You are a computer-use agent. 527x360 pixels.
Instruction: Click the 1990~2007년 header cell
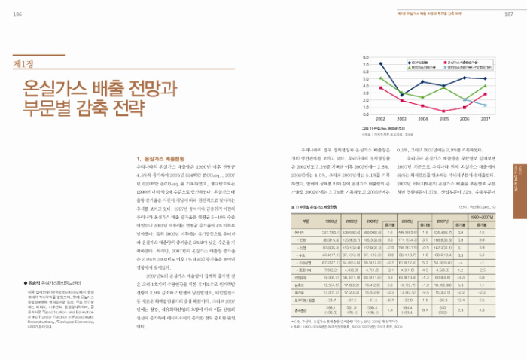point(478,215)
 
